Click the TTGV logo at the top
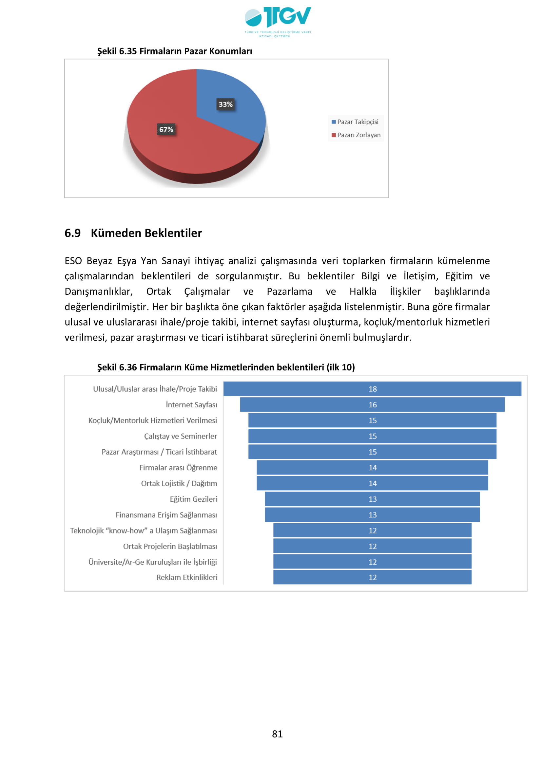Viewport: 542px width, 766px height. pyautogui.click(x=277, y=21)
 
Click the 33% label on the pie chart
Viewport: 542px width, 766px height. pyautogui.click(x=225, y=104)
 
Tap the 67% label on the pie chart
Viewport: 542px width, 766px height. pyautogui.click(x=166, y=129)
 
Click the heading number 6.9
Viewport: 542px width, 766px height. pyautogui.click(x=72, y=233)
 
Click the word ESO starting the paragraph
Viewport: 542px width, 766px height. pyautogui.click(x=73, y=261)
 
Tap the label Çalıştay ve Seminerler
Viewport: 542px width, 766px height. pyautogui.click(x=180, y=436)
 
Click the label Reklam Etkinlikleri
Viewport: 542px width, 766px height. pyautogui.click(x=186, y=577)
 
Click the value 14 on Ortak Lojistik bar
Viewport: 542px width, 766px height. pyautogui.click(x=373, y=483)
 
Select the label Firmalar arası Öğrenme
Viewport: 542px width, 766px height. pyautogui.click(x=178, y=467)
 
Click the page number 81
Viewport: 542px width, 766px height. pyautogui.click(x=277, y=734)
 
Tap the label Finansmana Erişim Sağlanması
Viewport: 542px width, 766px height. pyautogui.click(x=166, y=515)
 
